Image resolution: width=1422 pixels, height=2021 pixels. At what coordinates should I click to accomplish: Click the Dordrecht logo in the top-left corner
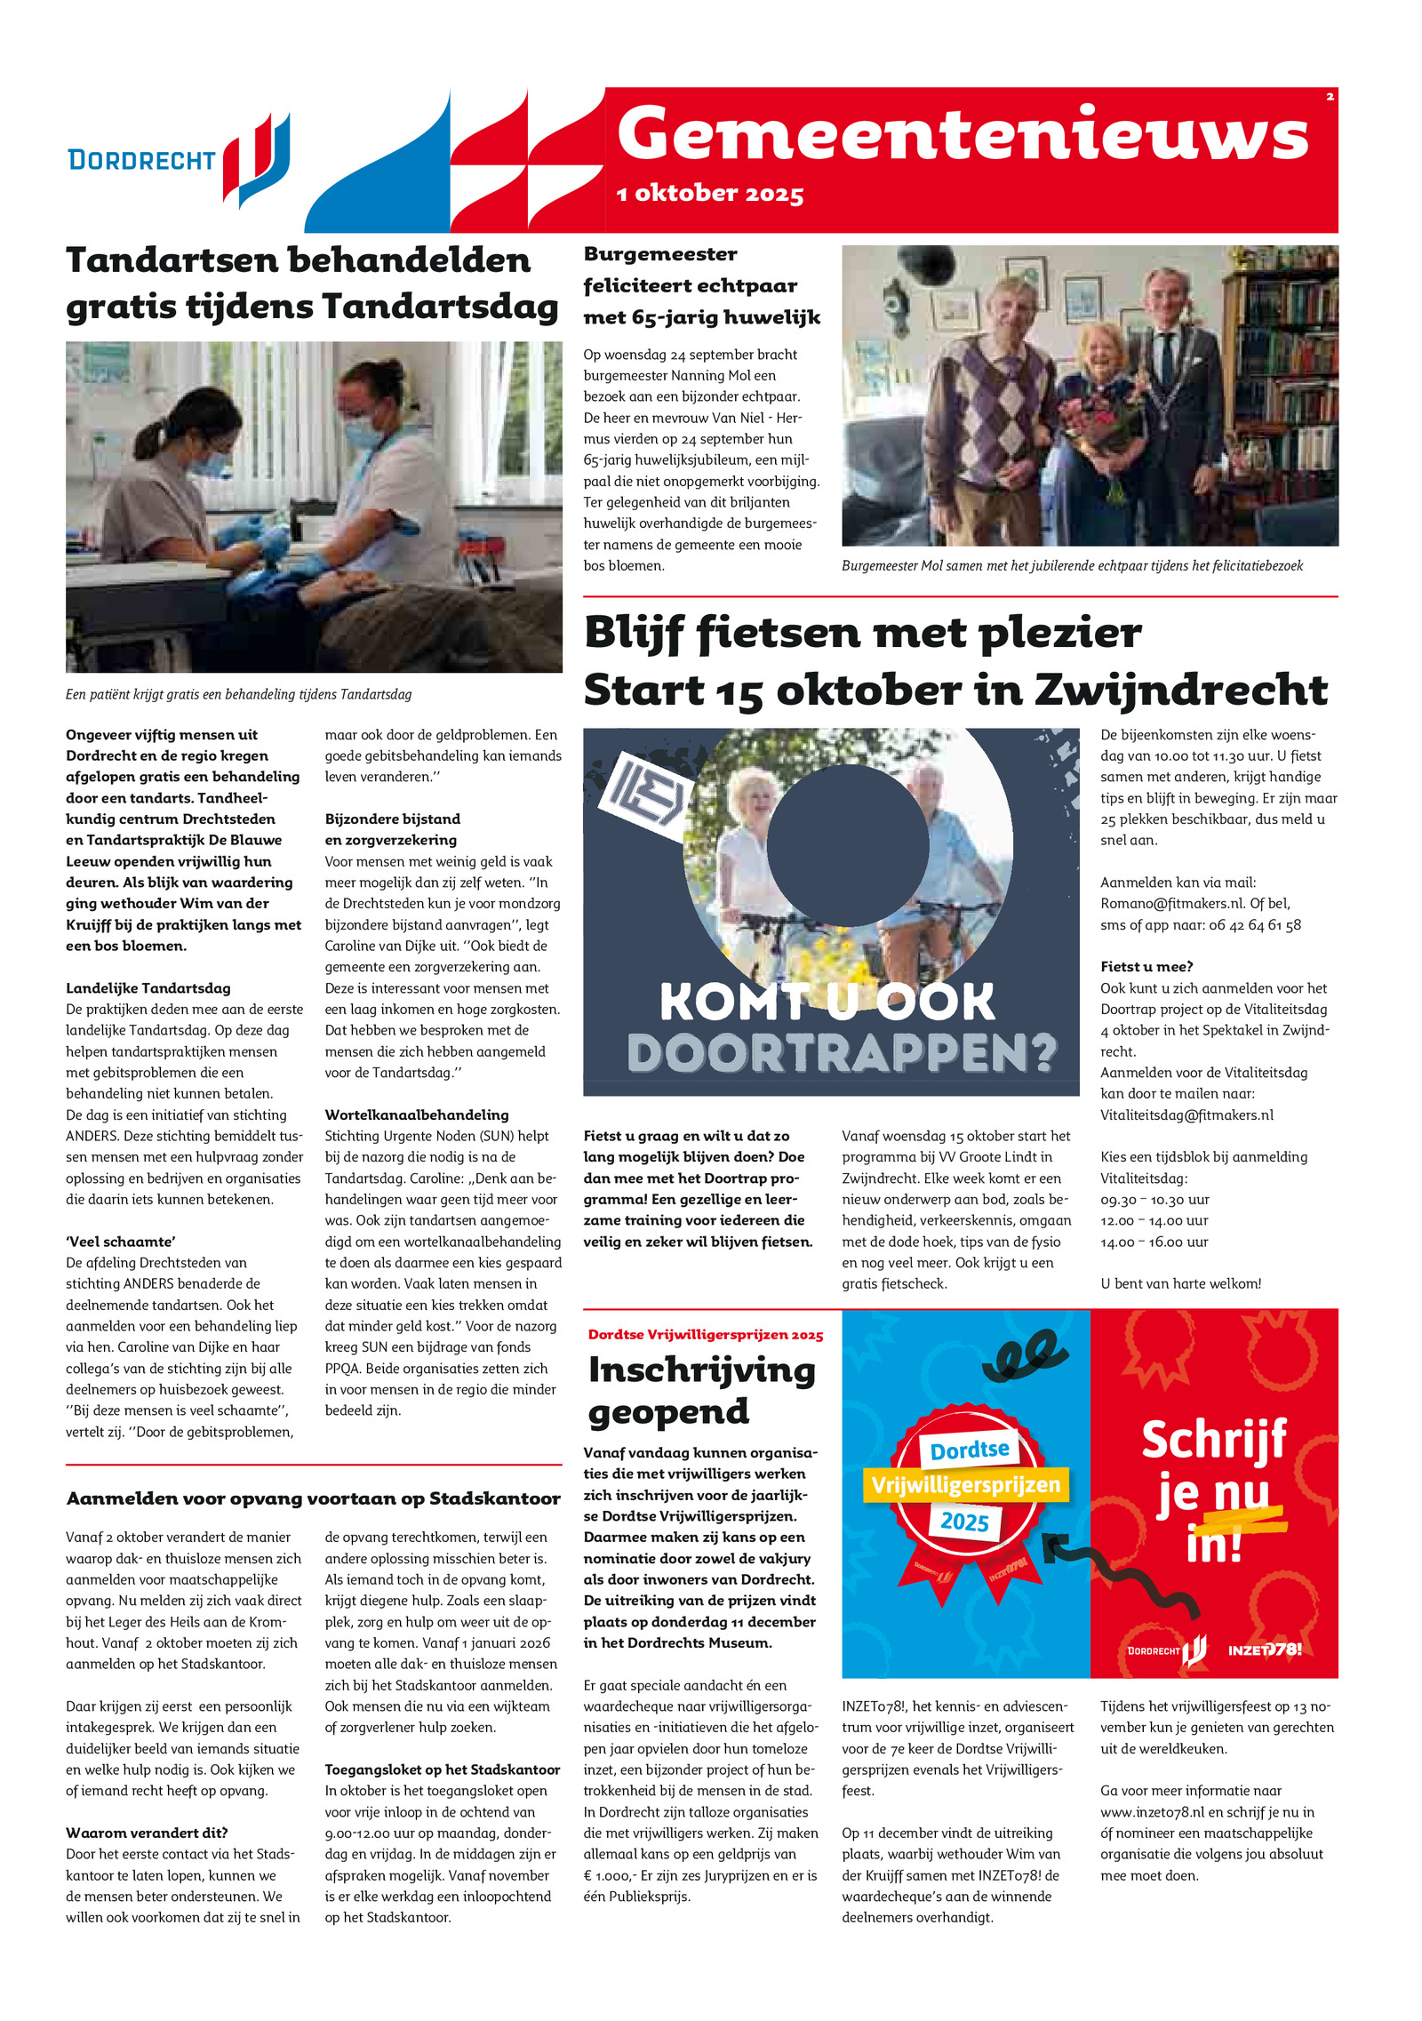point(179,158)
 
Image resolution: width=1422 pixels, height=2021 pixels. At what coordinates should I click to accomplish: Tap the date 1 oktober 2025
point(710,193)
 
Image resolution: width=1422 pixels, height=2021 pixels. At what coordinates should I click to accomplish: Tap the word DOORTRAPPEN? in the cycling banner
point(842,1053)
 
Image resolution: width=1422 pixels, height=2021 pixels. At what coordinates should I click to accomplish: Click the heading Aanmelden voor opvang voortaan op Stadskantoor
point(313,1498)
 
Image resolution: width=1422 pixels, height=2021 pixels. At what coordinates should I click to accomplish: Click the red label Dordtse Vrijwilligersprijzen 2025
point(705,1335)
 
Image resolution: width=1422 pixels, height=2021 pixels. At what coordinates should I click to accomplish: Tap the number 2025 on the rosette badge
point(964,1522)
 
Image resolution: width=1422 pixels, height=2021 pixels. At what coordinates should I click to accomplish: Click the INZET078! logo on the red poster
point(1264,1650)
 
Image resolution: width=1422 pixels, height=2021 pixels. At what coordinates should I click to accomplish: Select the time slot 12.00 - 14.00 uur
point(1154,1220)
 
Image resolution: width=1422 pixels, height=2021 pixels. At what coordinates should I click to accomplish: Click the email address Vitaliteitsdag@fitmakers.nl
point(1186,1114)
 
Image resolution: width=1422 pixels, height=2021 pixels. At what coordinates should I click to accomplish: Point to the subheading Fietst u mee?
point(1146,966)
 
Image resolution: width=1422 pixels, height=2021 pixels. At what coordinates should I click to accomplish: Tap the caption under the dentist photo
point(238,694)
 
